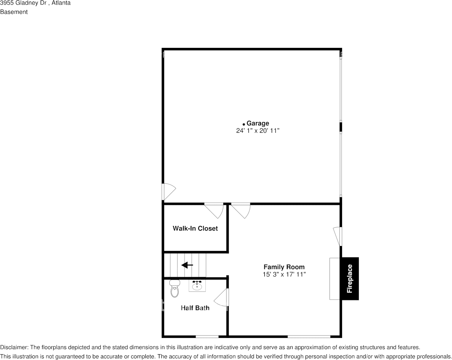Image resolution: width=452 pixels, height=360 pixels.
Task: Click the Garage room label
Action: pos(258,123)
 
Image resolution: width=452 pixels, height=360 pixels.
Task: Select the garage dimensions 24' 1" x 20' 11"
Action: pos(258,131)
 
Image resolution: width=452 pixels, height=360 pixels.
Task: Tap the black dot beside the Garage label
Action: pos(244,124)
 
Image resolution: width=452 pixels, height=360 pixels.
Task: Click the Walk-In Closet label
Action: pos(195,228)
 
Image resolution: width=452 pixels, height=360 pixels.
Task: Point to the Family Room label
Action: pos(284,267)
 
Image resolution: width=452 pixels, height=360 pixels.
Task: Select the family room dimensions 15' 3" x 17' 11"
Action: pos(284,274)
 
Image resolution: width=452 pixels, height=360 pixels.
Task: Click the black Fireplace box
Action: pos(350,279)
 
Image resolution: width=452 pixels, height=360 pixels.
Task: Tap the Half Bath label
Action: pos(195,308)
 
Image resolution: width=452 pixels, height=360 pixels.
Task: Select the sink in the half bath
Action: pos(197,286)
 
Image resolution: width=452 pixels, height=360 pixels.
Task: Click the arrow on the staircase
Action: pos(187,265)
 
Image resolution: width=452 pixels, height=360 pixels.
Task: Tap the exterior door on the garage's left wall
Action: pos(168,192)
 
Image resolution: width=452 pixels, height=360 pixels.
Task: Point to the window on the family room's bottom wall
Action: pos(309,336)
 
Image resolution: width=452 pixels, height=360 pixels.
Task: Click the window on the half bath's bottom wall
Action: pos(207,336)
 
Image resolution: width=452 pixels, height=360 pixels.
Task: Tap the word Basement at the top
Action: pos(14,12)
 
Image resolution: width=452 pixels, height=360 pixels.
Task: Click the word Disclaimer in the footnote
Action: pos(14,347)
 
